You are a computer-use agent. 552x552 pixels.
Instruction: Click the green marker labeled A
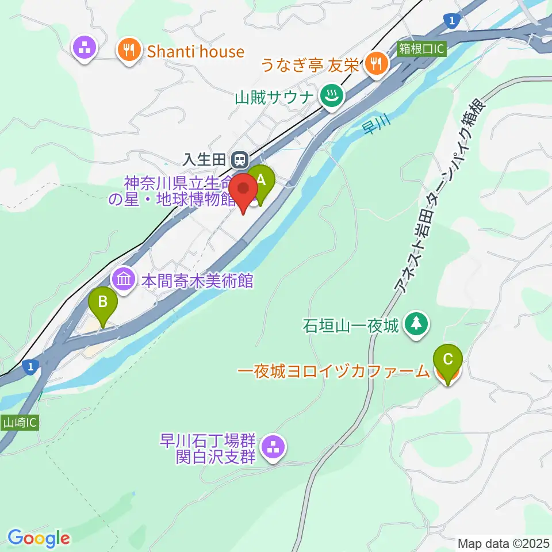pos(260,181)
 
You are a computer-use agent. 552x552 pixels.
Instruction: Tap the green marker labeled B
pos(103,302)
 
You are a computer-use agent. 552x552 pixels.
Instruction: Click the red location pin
pos(243,190)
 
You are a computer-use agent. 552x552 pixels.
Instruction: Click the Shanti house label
pos(196,52)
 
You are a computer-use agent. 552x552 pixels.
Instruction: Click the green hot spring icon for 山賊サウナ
pos(332,96)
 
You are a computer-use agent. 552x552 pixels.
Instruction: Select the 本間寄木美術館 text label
pos(197,281)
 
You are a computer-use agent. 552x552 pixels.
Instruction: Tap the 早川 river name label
pos(377,126)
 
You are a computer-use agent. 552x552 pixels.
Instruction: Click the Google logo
pos(39,539)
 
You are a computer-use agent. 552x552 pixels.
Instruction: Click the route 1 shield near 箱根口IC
pos(453,21)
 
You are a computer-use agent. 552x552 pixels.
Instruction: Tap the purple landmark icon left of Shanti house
pos(86,48)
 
